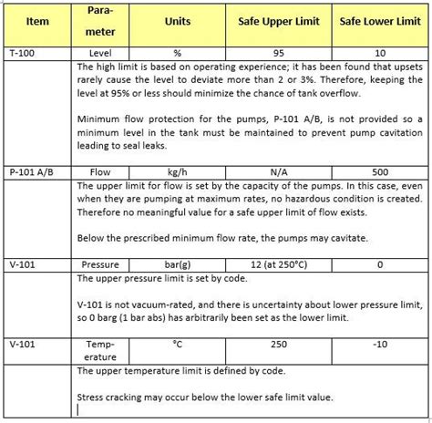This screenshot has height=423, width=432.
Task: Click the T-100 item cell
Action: coord(22,54)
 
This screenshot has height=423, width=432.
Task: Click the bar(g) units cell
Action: coord(178,264)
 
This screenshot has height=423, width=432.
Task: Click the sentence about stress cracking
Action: coord(204,397)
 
